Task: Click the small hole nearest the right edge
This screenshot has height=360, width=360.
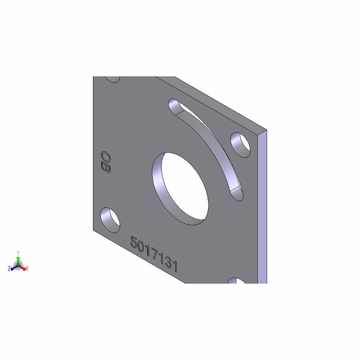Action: (240, 143)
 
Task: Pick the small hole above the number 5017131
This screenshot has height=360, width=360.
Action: (110, 216)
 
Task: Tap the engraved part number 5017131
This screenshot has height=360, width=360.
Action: (154, 255)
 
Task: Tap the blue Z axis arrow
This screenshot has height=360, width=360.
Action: (14, 267)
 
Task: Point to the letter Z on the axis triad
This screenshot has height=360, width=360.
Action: (9, 269)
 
